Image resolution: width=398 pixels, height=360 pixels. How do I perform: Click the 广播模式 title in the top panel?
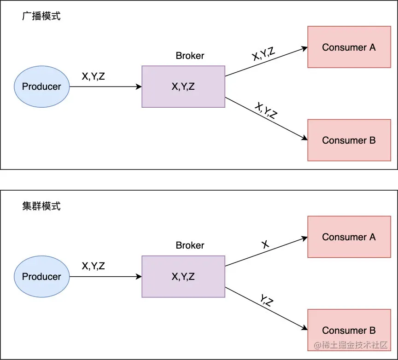click(x=41, y=16)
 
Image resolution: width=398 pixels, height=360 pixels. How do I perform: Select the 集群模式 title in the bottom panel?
click(x=41, y=206)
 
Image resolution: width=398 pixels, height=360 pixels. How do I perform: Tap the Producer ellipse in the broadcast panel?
click(x=41, y=87)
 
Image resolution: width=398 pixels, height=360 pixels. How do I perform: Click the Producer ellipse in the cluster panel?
click(x=41, y=276)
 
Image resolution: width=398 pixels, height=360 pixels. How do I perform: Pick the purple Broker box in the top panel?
click(x=183, y=87)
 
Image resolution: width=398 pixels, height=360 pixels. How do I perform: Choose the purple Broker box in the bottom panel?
click(x=183, y=276)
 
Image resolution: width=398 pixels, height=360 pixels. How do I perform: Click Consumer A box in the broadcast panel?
click(x=349, y=47)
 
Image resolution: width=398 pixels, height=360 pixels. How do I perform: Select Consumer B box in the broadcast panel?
click(x=349, y=140)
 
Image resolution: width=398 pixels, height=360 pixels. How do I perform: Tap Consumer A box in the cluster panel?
click(x=349, y=237)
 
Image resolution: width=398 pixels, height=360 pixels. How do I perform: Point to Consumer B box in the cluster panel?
click(x=349, y=330)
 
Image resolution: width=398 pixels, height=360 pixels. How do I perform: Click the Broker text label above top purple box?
click(x=190, y=56)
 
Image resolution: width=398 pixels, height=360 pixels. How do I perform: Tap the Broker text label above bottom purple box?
click(x=190, y=245)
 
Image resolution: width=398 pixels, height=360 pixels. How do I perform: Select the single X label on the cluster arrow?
click(x=265, y=244)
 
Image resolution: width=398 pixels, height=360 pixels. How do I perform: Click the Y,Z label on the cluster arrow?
click(x=267, y=300)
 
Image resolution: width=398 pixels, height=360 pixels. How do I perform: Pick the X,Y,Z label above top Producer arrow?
click(x=93, y=76)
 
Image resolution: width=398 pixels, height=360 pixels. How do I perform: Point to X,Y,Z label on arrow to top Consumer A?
click(x=263, y=54)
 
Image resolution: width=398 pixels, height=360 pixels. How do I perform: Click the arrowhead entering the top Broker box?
click(x=139, y=87)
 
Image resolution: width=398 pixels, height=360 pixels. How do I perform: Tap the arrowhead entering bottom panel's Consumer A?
click(x=304, y=238)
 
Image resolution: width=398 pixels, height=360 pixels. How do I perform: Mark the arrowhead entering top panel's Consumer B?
click(x=304, y=138)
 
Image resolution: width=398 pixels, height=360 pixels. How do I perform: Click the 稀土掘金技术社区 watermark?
click(x=351, y=345)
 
